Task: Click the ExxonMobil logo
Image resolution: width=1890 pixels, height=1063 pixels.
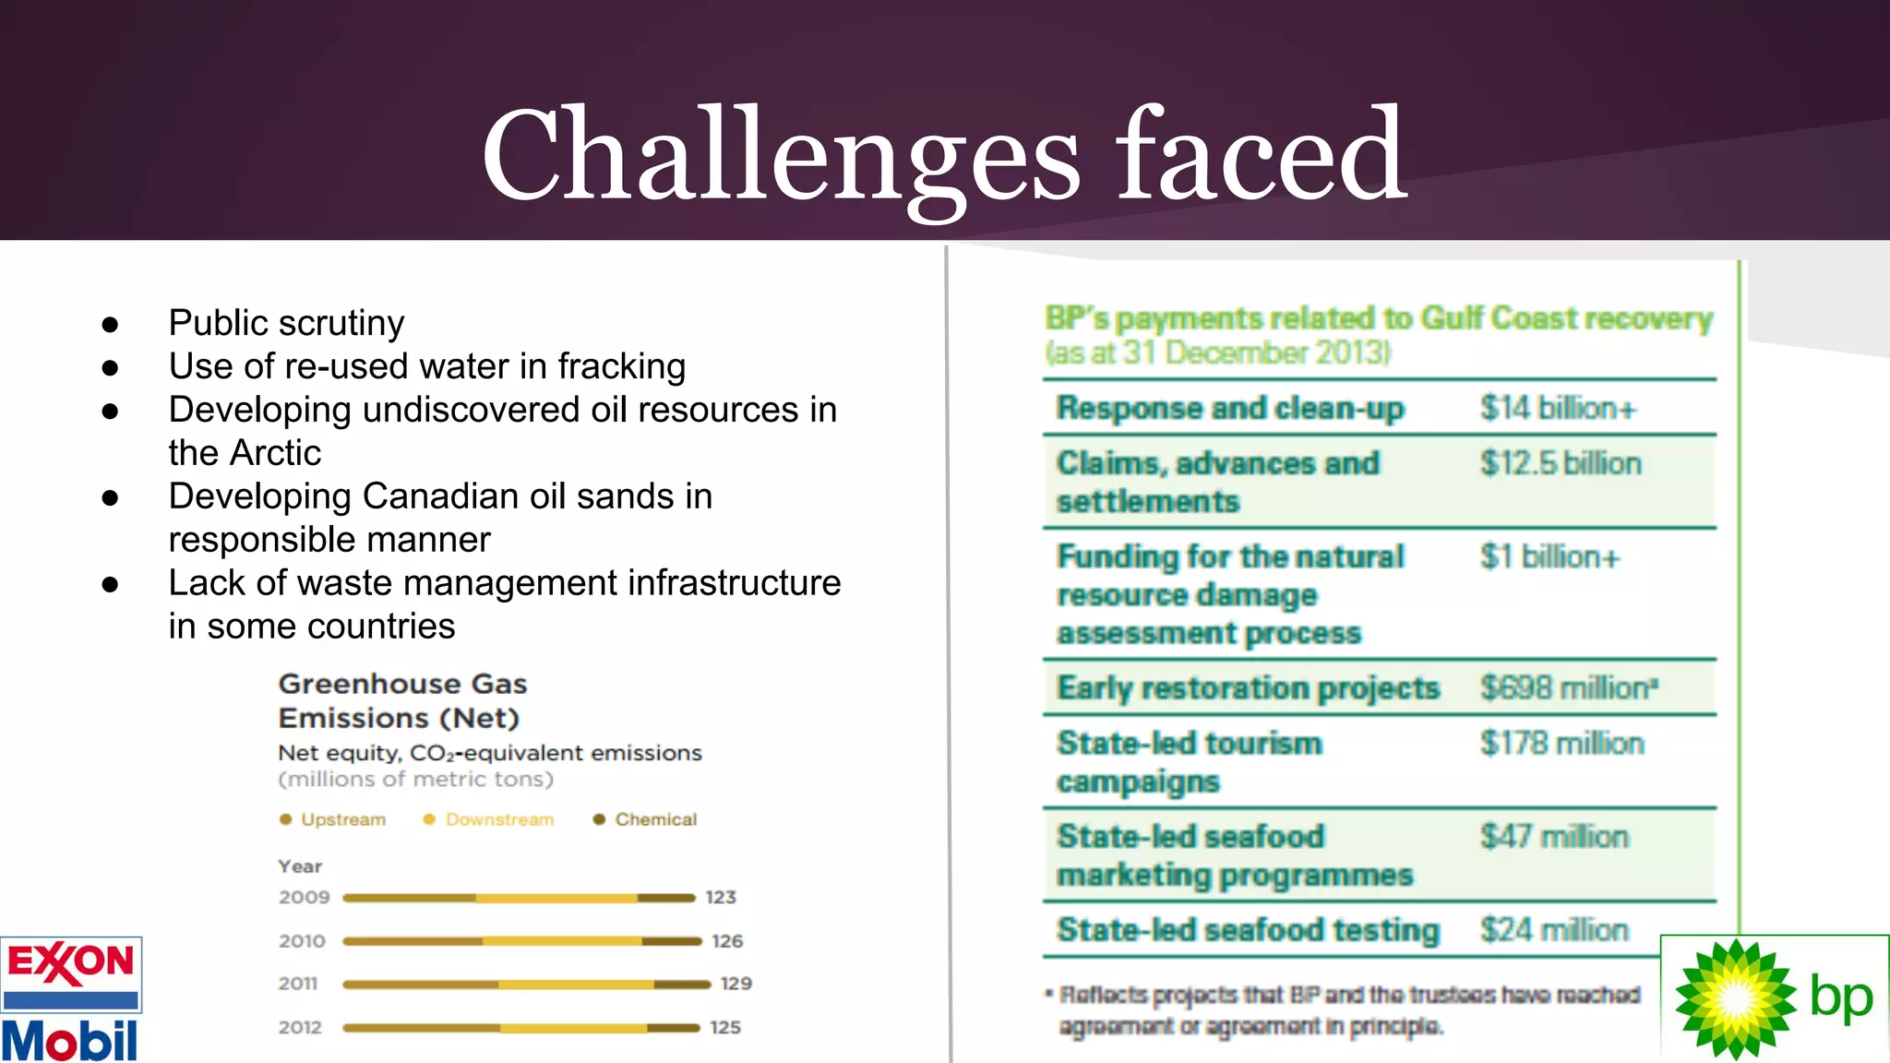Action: [x=71, y=999]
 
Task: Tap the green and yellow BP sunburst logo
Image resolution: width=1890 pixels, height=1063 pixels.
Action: [x=1734, y=999]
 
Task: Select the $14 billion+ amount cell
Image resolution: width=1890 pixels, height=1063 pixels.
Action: [x=1558, y=408]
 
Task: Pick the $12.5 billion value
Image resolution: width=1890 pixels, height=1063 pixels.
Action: [x=1561, y=463]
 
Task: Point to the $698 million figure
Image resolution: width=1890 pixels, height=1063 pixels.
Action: [x=1568, y=687]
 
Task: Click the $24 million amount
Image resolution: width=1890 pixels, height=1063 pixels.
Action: [x=1554, y=929]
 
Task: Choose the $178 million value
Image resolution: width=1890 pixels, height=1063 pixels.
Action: [x=1561, y=743]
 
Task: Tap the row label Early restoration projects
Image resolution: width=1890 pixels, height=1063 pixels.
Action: [x=1248, y=688]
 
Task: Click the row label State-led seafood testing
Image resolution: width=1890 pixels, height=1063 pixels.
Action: [x=1248, y=930]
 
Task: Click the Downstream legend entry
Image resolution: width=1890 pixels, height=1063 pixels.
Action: [x=498, y=819]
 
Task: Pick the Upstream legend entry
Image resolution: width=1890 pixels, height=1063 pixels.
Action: [x=342, y=819]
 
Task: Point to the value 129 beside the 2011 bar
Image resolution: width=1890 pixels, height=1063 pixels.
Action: [x=736, y=984]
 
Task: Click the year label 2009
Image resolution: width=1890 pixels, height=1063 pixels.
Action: [x=304, y=897]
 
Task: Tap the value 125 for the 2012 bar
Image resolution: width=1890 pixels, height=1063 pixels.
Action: [x=725, y=1027]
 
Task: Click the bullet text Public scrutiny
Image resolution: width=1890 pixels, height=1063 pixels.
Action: [x=286, y=323]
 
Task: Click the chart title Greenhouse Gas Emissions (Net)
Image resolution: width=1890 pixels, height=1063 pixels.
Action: [x=402, y=700]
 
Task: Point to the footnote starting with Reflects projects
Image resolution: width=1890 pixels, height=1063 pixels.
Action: [x=1347, y=1010]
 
